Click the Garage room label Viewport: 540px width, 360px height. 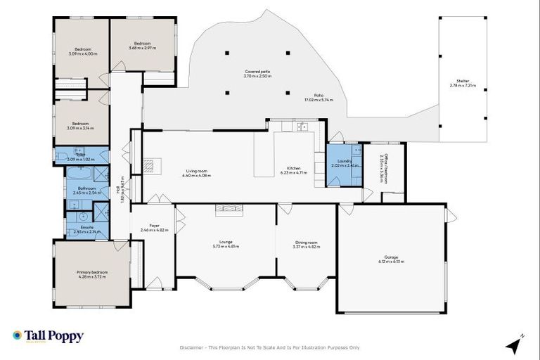[x=391, y=259]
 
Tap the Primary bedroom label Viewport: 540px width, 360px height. [x=92, y=274]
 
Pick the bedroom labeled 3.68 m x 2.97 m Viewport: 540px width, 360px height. [x=143, y=45]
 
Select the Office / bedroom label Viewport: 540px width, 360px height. [x=384, y=169]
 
